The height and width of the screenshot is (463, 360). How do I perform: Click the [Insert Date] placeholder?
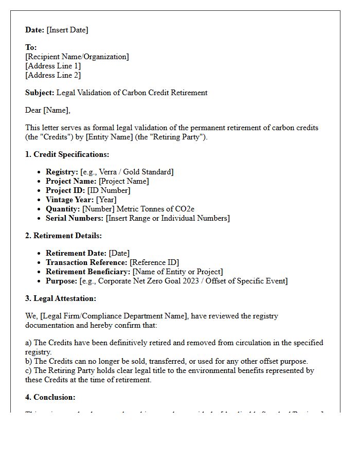pos(67,30)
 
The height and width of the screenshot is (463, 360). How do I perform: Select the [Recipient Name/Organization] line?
pos(77,57)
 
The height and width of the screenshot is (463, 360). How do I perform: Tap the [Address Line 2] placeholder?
pos(53,75)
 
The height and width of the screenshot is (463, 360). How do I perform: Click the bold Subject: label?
pos(40,93)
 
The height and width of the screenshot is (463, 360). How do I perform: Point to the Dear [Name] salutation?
pos(48,110)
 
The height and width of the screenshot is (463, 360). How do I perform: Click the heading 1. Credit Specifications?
pos(67,154)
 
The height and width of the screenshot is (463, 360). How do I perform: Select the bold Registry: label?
pos(62,172)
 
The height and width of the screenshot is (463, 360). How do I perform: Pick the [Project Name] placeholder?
pos(123,181)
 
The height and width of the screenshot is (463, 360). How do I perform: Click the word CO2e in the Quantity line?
pos(184,209)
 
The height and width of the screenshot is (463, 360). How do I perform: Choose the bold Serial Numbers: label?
pos(75,218)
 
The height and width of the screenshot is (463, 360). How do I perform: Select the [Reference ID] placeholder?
pos(154,262)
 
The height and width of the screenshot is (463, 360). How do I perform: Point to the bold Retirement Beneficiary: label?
pos(88,272)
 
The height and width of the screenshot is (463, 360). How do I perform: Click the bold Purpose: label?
pos(62,281)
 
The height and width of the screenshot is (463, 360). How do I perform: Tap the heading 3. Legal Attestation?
pos(61,298)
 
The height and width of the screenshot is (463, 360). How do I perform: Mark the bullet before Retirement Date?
pos(40,253)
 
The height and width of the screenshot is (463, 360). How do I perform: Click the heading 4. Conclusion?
pos(50,397)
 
